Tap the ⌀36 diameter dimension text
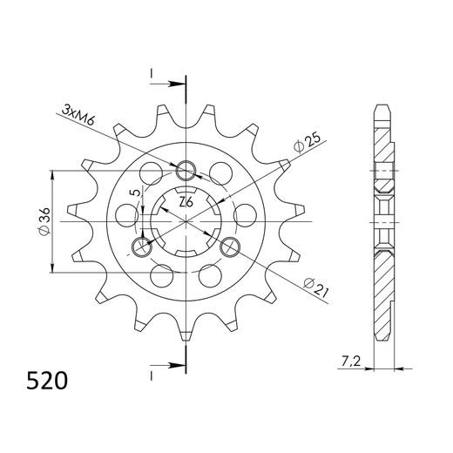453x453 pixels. click(43, 222)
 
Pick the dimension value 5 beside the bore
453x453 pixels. click(133, 193)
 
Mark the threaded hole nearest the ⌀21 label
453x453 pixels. click(230, 247)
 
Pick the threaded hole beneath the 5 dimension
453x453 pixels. click(142, 247)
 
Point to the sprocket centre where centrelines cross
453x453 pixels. click(186, 222)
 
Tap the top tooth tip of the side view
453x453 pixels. click(381, 108)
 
